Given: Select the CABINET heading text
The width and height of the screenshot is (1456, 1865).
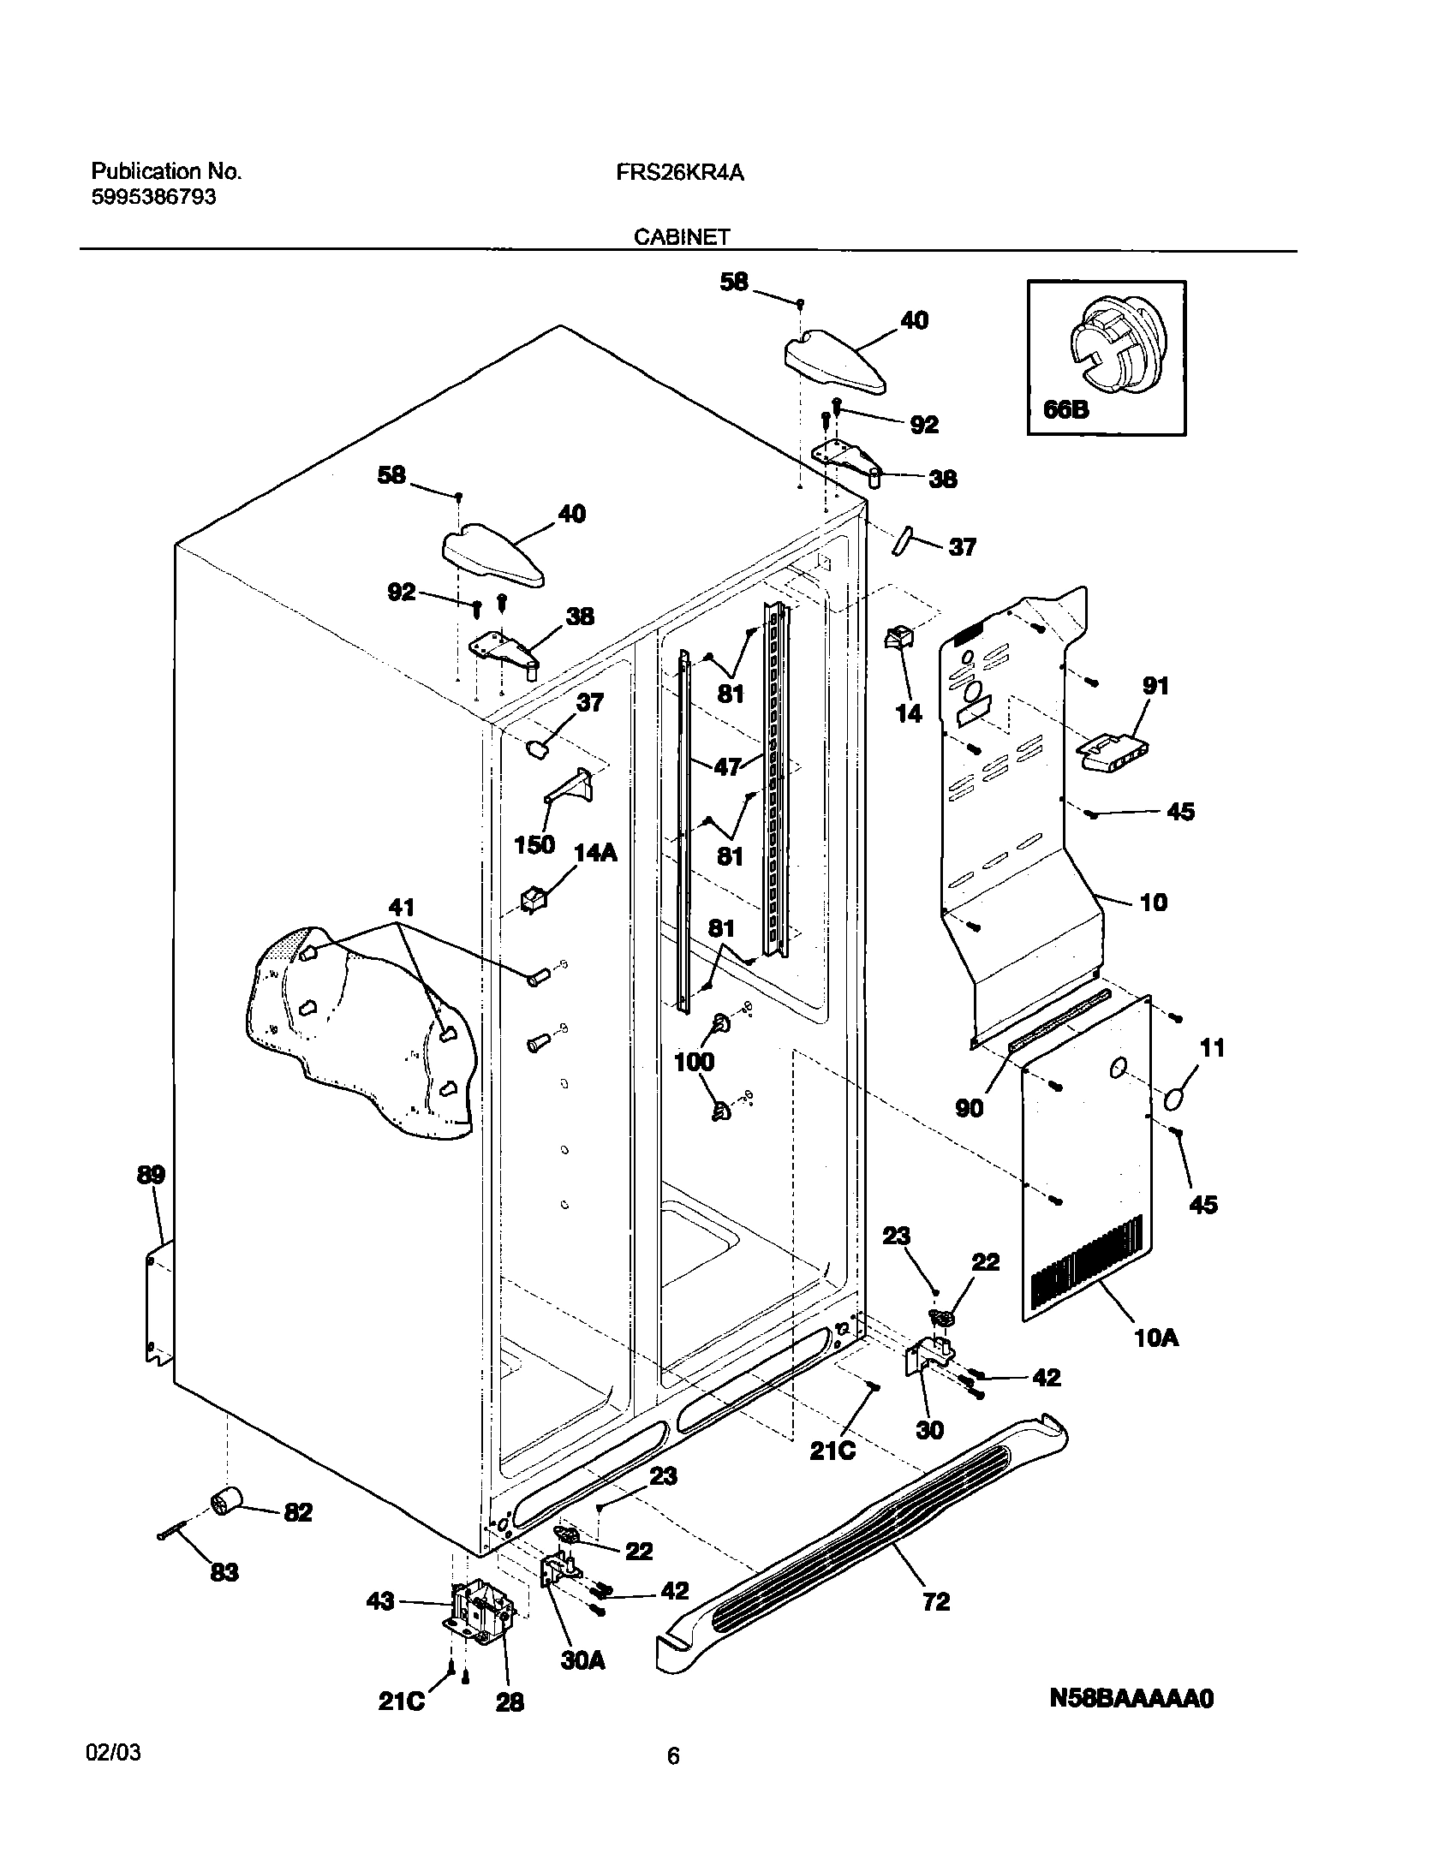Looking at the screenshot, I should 681,237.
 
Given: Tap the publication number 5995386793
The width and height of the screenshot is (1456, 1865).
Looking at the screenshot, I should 153,197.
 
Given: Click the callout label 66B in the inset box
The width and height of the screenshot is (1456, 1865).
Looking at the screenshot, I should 1065,410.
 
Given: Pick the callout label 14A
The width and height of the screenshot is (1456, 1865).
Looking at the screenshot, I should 595,853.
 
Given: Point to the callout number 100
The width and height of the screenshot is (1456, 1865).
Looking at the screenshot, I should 694,1062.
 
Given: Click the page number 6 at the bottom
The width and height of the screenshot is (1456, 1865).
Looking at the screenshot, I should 673,1781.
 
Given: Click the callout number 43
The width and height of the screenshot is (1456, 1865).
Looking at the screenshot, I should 380,1600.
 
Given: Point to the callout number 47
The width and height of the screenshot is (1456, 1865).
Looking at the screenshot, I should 727,766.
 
